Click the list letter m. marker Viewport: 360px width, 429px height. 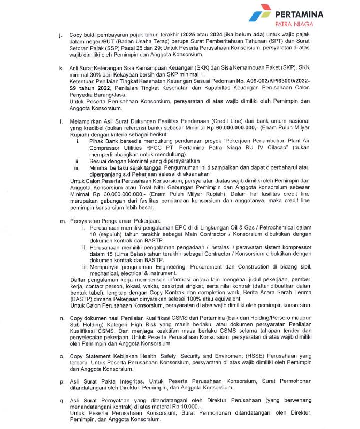tap(62, 220)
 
